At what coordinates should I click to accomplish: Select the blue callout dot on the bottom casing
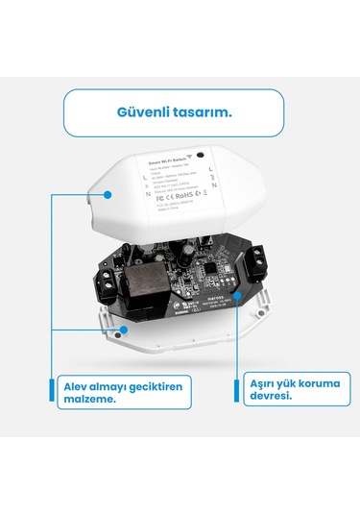tap(124, 328)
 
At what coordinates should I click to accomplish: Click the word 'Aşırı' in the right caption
tap(264, 384)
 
